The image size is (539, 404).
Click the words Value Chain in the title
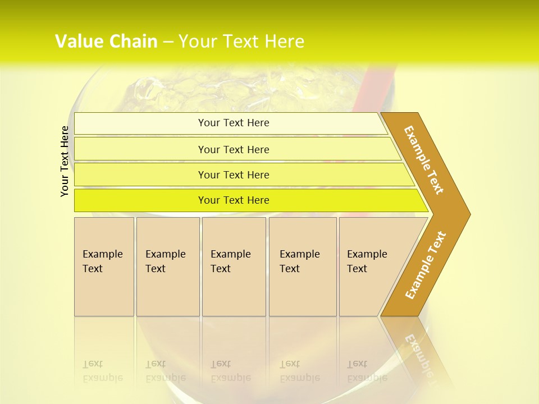[106, 42]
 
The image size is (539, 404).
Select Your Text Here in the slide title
[241, 42]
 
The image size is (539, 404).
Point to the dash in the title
[168, 42]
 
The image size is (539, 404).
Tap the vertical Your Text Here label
[65, 161]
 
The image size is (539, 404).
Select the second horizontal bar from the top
[234, 149]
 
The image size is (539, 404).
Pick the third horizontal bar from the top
[234, 175]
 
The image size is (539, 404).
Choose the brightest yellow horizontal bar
[234, 200]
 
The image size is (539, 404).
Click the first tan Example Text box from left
[104, 267]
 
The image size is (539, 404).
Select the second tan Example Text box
[168, 267]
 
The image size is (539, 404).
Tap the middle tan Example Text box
[234, 267]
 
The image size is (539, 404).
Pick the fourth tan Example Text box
[303, 267]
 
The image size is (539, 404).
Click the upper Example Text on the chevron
[424, 160]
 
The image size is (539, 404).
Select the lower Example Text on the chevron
[426, 265]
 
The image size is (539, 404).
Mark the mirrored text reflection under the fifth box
[367, 371]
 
